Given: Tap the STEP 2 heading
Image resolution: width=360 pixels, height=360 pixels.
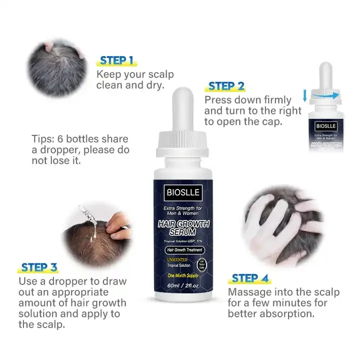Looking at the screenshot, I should click(226, 86).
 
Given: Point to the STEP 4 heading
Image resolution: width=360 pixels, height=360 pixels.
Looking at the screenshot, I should click(251, 278).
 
